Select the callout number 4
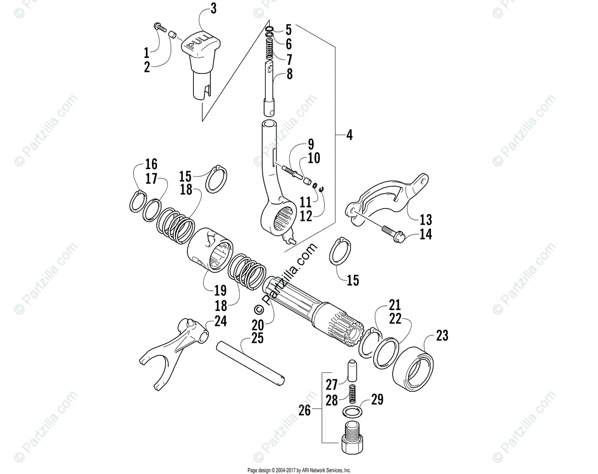349,135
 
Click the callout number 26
304,411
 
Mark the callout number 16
151,164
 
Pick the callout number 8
289,75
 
